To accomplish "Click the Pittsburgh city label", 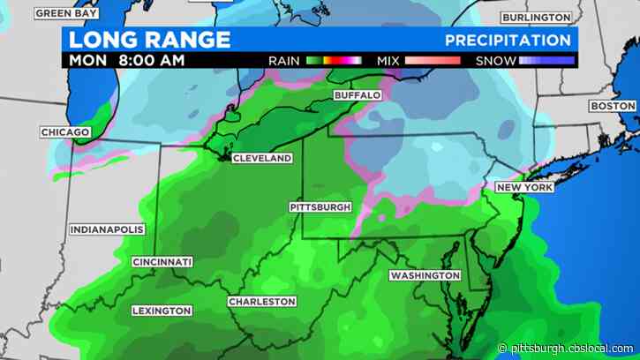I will point(320,207).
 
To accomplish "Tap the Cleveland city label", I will point(262,159).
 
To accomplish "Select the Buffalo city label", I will point(358,94).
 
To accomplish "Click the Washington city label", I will point(425,275).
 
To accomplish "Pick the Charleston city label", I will point(262,302).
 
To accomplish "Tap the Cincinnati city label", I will point(162,262).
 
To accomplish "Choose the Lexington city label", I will point(162,311).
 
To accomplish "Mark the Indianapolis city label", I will point(106,229).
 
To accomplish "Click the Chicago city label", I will point(65,132).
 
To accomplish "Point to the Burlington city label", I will point(536,18).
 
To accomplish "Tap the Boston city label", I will point(612,106).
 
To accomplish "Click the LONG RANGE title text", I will point(150,40).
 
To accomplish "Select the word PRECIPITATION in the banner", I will point(507,41).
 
